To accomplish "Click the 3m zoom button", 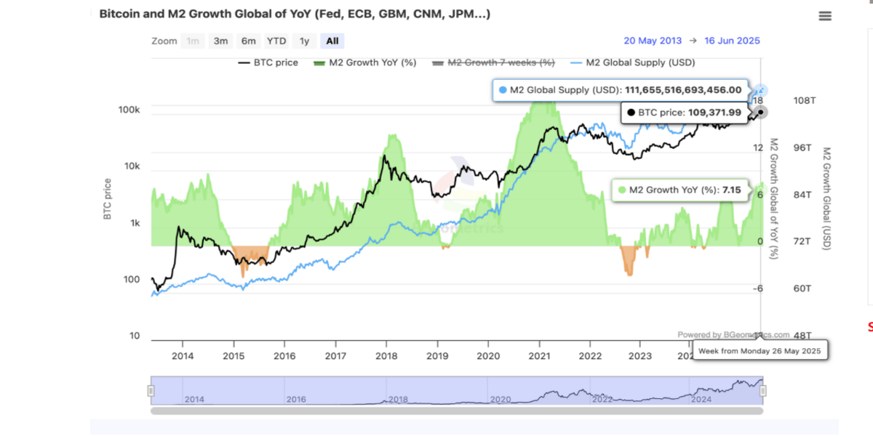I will point(220,41).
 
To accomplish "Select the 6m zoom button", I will point(248,41).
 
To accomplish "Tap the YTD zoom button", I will point(276,41).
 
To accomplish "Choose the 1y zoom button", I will point(304,41).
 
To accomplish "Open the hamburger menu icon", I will point(824,16).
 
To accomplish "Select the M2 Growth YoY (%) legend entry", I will point(364,62).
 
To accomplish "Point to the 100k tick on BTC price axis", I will point(129,110).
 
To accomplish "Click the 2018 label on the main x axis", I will point(386,356).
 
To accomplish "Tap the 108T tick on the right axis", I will point(802,100).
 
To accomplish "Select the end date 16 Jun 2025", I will point(732,41).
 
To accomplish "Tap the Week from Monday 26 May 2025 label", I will point(759,351).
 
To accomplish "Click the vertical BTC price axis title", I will point(108,199).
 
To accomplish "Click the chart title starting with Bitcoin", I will point(294,14).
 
